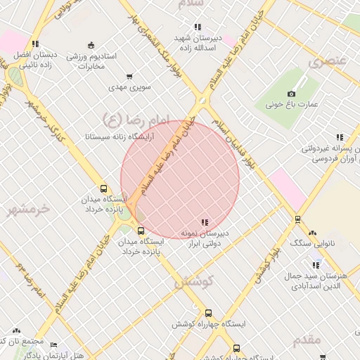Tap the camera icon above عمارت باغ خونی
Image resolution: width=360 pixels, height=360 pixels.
pos(292,94)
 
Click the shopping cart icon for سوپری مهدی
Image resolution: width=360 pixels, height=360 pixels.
pos(129,77)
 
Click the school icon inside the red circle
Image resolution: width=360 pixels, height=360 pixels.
pos(205,222)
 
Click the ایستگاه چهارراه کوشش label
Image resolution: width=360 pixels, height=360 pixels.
pos(209,325)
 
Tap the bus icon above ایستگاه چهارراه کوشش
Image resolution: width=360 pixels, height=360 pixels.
pos(208,314)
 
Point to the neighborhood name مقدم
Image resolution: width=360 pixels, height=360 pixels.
pos(307,340)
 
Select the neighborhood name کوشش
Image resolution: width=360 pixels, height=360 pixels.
pos(191,281)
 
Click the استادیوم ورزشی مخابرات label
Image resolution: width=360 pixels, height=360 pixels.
pos(96,60)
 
